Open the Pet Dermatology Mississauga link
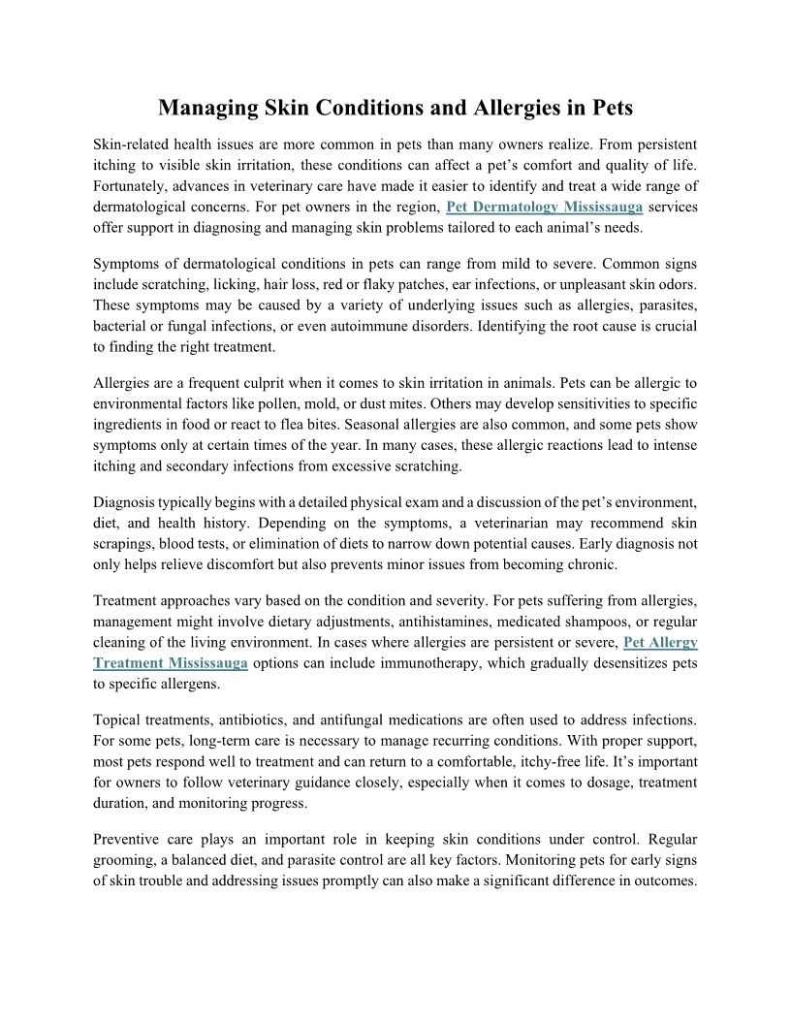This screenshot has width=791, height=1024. [544, 208]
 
